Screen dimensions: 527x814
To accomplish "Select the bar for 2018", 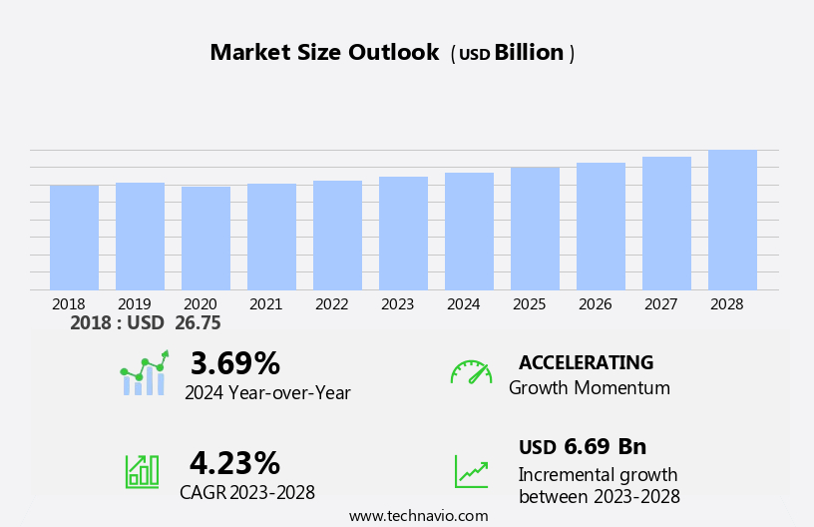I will coord(74,238).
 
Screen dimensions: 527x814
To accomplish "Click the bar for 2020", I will coord(205,239).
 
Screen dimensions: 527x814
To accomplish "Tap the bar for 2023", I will coord(403,234).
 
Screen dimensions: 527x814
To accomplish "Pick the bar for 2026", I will coord(601,227).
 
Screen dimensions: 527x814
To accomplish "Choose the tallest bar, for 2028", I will coord(732,221).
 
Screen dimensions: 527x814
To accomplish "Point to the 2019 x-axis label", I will coord(135,304).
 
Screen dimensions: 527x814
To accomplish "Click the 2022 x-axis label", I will coord(332,304).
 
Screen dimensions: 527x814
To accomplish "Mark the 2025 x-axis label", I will coord(530,304).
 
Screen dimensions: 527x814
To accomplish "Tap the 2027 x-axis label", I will coord(661,304).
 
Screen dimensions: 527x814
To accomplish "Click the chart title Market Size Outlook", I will coord(324,53).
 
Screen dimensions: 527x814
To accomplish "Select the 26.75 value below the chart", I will coord(197,323).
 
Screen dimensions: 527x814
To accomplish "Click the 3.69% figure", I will coord(234,363).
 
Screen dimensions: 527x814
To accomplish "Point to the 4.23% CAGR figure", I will coord(234,463).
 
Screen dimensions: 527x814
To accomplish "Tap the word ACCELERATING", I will coord(586,362).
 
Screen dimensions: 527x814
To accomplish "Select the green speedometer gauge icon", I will coord(471,372).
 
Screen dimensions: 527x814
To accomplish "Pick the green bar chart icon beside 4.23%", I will coord(142,470).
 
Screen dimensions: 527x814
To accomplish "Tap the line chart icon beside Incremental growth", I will coord(471,471).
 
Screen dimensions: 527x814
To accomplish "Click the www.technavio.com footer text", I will coord(418,516).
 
